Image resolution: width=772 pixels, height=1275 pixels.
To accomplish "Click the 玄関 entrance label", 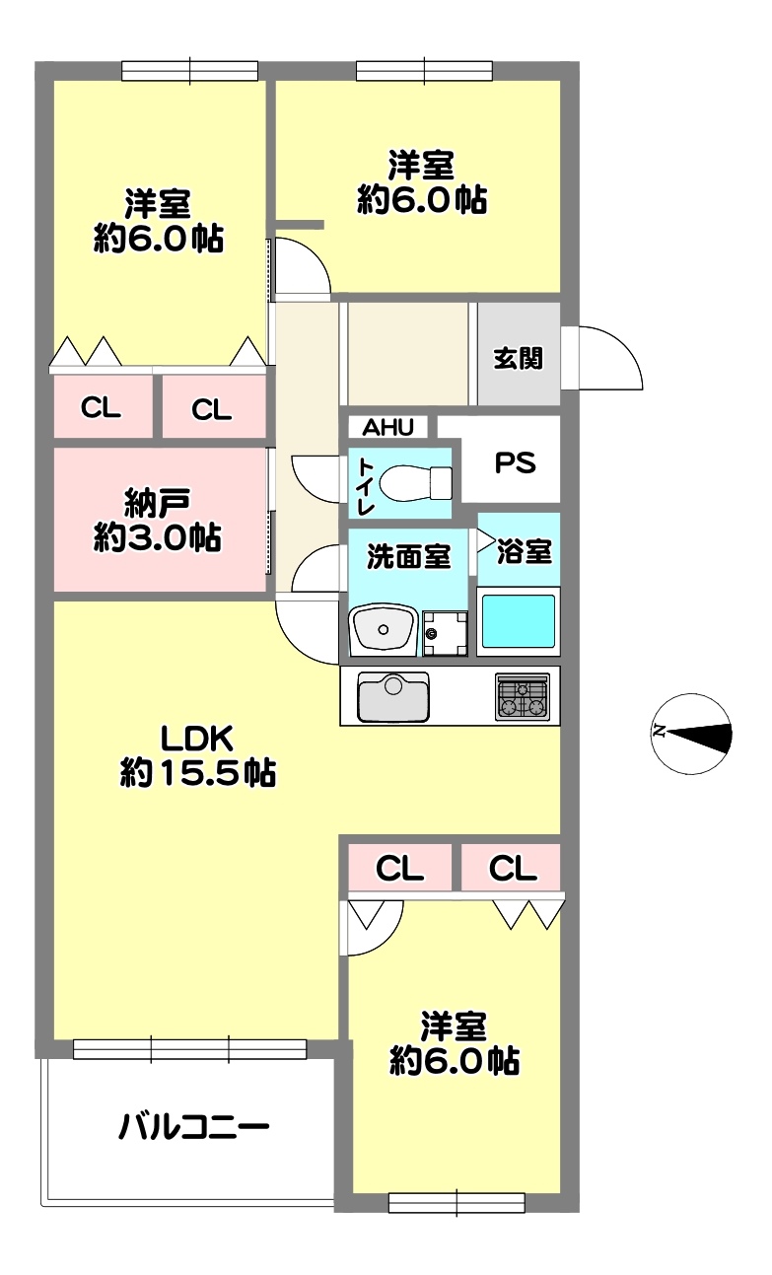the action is click(x=518, y=359).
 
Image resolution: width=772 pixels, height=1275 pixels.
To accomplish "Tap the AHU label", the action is click(x=387, y=427).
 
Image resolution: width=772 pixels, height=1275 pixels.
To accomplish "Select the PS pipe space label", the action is click(x=516, y=462).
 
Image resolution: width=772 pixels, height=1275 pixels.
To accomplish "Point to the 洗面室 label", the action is click(x=409, y=556).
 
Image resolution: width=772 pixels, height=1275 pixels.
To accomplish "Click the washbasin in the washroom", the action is click(x=384, y=629).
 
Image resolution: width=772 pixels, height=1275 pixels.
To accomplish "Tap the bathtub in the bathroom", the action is click(x=518, y=621).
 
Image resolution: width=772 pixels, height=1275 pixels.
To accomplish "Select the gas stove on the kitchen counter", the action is click(x=523, y=697).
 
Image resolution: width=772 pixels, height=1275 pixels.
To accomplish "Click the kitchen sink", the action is click(x=392, y=697).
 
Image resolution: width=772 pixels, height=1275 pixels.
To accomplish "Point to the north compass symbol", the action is click(x=692, y=734).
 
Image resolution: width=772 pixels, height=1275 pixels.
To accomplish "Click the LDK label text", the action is click(x=196, y=739).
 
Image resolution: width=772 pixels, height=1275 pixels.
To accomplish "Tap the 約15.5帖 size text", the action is click(x=197, y=773).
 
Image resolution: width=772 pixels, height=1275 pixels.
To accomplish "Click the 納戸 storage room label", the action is click(x=157, y=503).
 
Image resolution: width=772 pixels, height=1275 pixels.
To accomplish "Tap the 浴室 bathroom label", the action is click(x=525, y=551).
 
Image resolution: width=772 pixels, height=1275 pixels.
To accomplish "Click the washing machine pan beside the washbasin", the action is click(x=446, y=633).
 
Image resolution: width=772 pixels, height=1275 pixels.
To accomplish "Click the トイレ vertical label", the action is click(x=365, y=486).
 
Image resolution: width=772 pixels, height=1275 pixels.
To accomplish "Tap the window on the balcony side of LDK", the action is click(x=190, y=1049).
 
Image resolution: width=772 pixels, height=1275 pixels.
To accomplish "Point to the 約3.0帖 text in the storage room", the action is click(x=157, y=537).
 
